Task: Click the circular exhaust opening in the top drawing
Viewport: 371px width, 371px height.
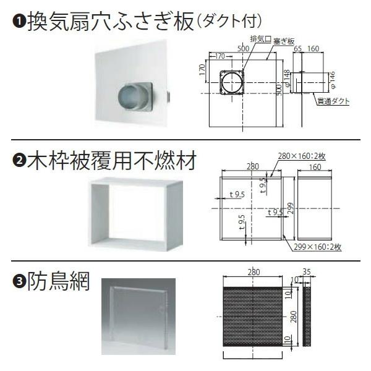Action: pyautogui.click(x=233, y=81)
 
